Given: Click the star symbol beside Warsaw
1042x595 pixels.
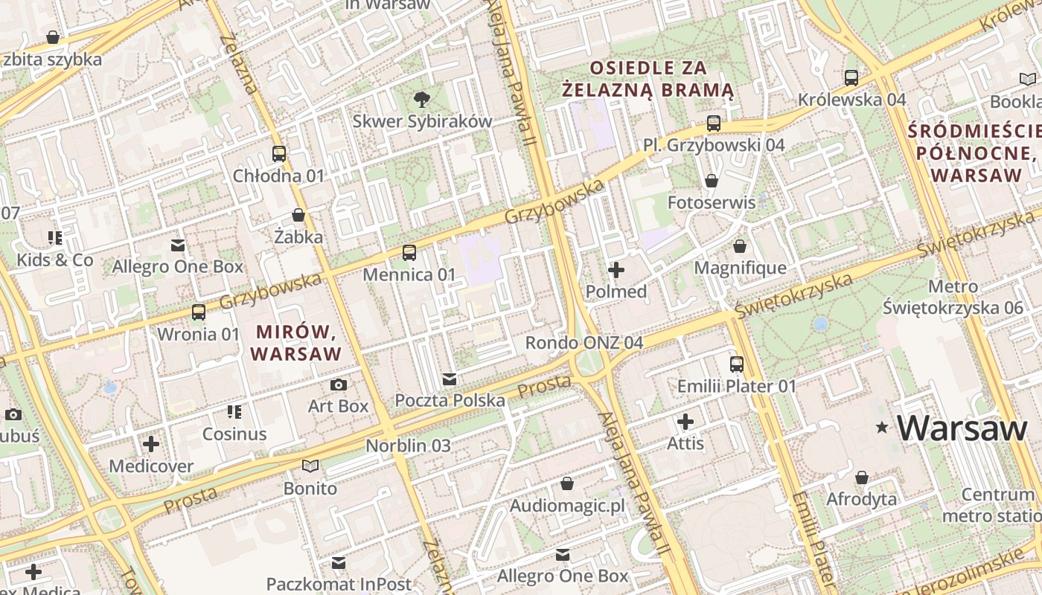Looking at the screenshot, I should coord(883,428).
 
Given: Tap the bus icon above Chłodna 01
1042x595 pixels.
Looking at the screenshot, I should coord(279,154).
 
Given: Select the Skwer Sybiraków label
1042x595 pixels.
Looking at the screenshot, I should coord(422,121).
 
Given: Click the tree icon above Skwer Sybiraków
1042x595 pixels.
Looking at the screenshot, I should coord(422,99).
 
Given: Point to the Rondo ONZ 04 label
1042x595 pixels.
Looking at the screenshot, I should coord(584,343).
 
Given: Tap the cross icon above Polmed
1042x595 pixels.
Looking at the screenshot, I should coord(616,270).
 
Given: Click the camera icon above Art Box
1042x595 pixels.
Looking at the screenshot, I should coord(339,385).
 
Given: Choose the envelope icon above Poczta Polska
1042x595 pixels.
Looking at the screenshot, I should coord(450,379).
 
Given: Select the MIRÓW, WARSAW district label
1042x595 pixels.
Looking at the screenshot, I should coord(298,342).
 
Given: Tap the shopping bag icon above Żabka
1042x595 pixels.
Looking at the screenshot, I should coord(298,216).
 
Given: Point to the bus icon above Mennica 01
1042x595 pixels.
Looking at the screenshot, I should coord(409,253).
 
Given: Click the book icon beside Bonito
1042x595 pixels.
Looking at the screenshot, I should coord(310,466).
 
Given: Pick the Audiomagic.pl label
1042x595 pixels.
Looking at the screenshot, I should coord(567,506).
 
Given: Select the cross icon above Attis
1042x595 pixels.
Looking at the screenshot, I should coord(685,422).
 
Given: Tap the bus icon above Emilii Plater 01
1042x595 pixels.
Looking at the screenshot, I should coord(737,364).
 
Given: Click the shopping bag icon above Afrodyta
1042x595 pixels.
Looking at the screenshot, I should coord(862,477).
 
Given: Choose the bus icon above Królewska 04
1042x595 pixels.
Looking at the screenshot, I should coord(851,77).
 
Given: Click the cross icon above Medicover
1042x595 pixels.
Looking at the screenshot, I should coord(151,445).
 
